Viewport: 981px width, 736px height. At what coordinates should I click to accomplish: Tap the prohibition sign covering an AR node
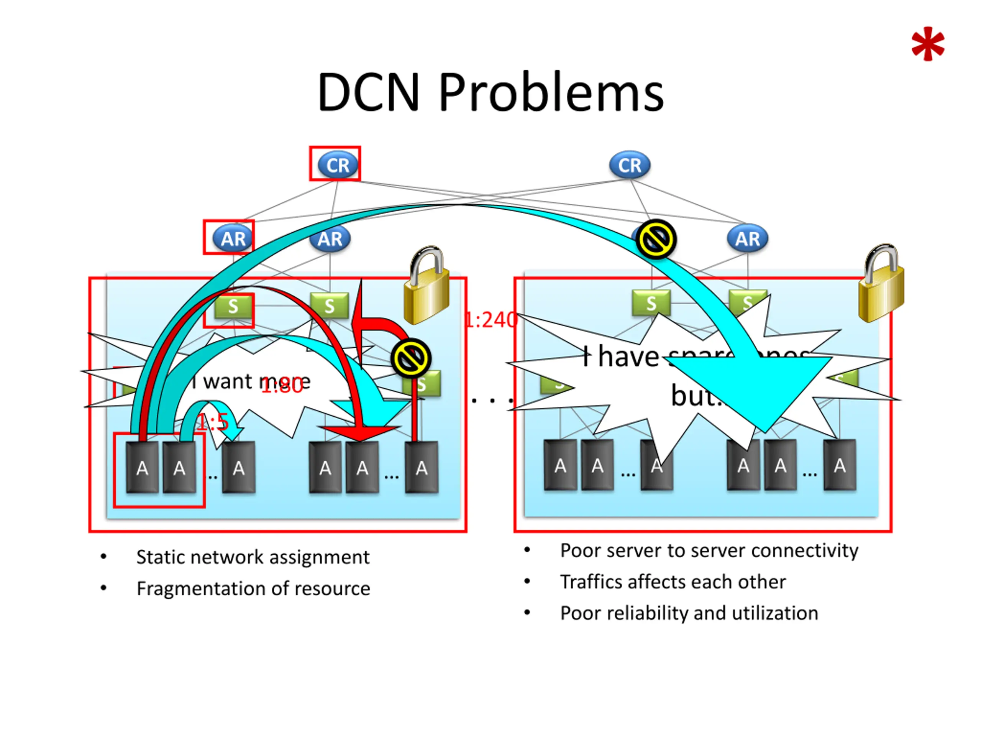(656, 240)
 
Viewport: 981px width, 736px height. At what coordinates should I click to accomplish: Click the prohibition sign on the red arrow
(411, 358)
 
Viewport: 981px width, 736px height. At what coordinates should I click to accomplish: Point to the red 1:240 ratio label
(491, 320)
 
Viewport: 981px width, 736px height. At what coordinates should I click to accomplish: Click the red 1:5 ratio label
(213, 422)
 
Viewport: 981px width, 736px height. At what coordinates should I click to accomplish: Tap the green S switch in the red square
(233, 306)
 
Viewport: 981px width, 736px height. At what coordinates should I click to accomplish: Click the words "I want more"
(251, 381)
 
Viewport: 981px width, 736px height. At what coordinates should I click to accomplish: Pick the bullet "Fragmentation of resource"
(253, 589)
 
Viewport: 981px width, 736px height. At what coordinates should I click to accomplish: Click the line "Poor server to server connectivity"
(709, 550)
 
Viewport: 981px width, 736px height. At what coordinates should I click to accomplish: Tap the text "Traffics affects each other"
(673, 582)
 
